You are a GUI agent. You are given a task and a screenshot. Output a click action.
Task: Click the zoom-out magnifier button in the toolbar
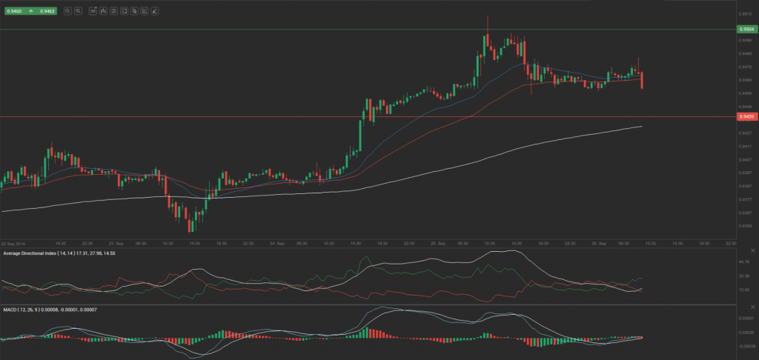(x=67, y=11)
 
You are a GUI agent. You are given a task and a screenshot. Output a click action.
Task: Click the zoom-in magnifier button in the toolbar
(x=78, y=11)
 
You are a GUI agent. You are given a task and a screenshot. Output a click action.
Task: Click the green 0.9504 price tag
(x=746, y=29)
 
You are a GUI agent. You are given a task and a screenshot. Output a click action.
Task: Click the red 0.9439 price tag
(x=746, y=116)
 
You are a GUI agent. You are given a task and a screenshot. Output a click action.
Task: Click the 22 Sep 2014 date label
(x=13, y=243)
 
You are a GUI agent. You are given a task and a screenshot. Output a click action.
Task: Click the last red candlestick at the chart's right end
(x=641, y=80)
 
